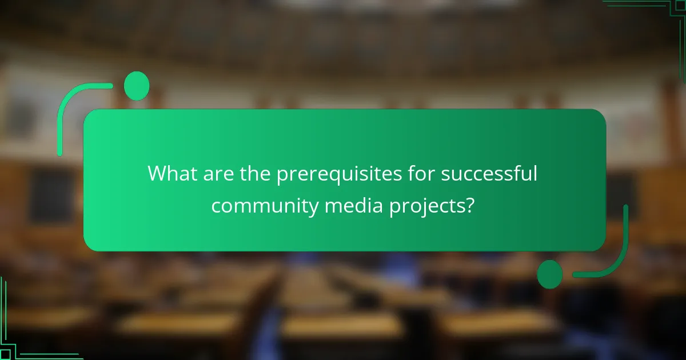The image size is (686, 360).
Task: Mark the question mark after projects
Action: [x=469, y=205]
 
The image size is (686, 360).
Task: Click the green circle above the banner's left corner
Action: [x=137, y=86]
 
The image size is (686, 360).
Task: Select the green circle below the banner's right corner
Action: [x=550, y=274]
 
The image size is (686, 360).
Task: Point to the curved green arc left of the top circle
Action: [x=74, y=106]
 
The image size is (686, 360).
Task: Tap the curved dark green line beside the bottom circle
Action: [x=612, y=257]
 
